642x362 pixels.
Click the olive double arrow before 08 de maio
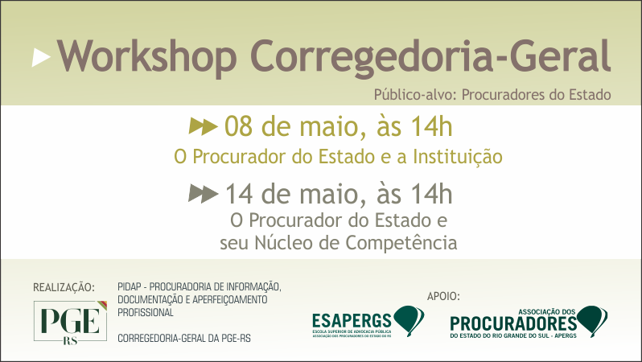(204, 126)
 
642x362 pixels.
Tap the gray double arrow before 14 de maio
(204, 194)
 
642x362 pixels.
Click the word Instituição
(458, 155)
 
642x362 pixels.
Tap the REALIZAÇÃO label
(64, 287)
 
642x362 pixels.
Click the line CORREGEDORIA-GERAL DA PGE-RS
(184, 338)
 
